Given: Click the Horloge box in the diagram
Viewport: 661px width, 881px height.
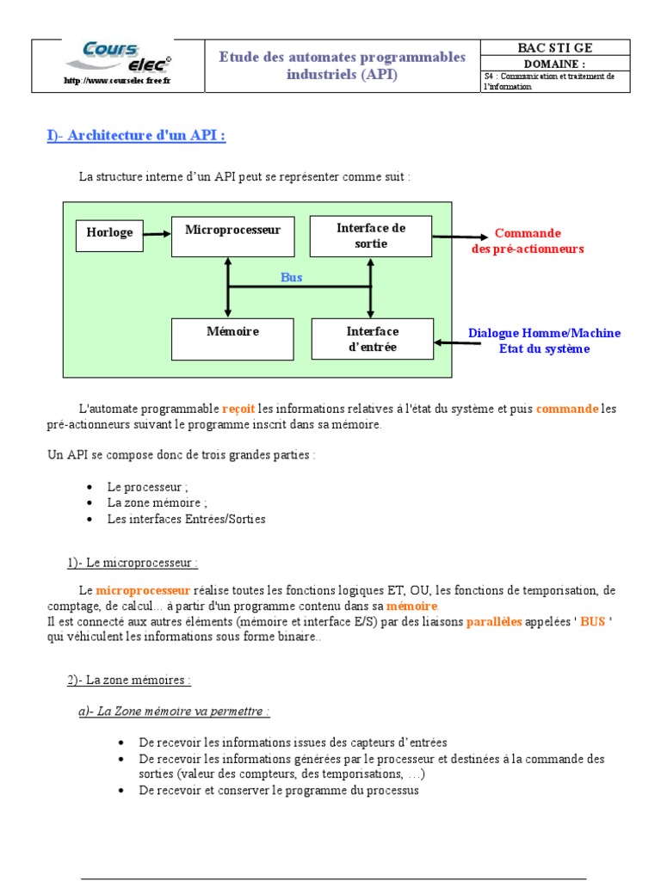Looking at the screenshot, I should pyautogui.click(x=110, y=233).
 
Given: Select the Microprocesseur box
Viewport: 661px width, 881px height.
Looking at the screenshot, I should pyautogui.click(x=227, y=236).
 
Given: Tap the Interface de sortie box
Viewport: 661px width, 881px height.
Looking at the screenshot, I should pyautogui.click(x=370, y=236).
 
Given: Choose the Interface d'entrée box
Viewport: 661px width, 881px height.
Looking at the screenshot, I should pyautogui.click(x=372, y=339).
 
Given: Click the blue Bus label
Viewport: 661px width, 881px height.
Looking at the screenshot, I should pyautogui.click(x=292, y=277).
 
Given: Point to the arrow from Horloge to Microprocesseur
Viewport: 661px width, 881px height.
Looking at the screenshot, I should pyautogui.click(x=158, y=233).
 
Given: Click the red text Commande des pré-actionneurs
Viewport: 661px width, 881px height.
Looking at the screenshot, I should pyautogui.click(x=527, y=241).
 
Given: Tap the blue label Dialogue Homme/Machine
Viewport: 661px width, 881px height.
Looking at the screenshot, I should pyautogui.click(x=544, y=333).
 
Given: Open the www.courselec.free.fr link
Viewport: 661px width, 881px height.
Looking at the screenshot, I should pyautogui.click(x=118, y=82).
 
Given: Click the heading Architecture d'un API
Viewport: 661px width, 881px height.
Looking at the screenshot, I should pyautogui.click(x=136, y=135).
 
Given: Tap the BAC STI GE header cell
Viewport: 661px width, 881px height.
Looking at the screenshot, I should pyautogui.click(x=555, y=48).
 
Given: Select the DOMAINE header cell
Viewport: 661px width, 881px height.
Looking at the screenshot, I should pyautogui.click(x=555, y=64).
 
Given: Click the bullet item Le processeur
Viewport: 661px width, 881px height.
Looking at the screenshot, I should pyautogui.click(x=147, y=487).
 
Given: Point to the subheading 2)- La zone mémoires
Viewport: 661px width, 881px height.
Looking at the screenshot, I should pyautogui.click(x=129, y=680).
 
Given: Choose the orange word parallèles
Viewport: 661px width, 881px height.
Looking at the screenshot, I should pyautogui.click(x=494, y=622).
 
